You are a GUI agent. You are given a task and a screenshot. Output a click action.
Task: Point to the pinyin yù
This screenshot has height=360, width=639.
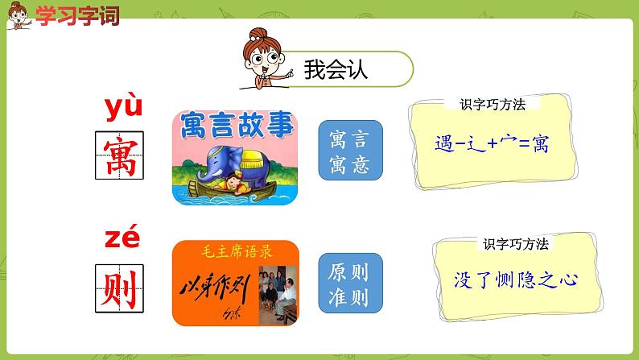point(123,106)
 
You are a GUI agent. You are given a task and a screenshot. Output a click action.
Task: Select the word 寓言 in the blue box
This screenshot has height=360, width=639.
point(350,139)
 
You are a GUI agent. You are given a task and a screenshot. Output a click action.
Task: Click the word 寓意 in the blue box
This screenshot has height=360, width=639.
point(350,165)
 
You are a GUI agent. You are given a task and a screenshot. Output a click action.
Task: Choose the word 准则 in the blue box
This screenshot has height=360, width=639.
point(350,297)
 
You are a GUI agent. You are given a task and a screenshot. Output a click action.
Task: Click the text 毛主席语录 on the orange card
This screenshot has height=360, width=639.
point(236,252)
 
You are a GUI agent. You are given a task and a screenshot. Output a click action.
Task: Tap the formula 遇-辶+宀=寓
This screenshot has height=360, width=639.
point(491,146)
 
